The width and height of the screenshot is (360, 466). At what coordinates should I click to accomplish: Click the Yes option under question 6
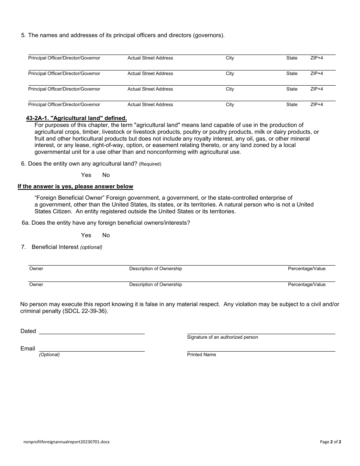[86, 175]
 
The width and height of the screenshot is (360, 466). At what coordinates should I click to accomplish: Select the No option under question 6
[106, 175]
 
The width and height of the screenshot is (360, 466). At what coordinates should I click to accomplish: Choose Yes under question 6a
[86, 235]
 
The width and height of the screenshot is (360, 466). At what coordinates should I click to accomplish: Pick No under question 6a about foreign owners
[106, 235]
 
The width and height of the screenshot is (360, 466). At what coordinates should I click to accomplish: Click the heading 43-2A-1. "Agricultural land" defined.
[76, 118]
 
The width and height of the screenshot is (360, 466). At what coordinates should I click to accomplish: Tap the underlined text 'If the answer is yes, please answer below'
[75, 186]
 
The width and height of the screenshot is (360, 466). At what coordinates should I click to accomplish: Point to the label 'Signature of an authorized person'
[222, 337]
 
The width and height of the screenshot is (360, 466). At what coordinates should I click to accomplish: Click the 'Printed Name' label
[201, 355]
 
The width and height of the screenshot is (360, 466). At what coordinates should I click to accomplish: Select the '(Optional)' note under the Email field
[49, 355]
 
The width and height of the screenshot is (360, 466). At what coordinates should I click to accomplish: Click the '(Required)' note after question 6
[150, 164]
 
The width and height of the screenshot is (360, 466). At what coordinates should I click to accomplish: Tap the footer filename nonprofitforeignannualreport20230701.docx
[66, 442]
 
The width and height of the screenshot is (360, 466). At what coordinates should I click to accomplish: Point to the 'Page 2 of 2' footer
[330, 442]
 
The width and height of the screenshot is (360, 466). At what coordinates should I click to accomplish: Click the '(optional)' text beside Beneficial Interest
[91, 247]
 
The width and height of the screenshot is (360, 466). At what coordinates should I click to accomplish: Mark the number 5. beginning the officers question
[23, 36]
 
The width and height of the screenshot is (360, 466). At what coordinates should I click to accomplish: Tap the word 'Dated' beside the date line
[28, 331]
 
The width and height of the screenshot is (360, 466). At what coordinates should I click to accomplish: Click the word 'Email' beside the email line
[28, 349]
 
